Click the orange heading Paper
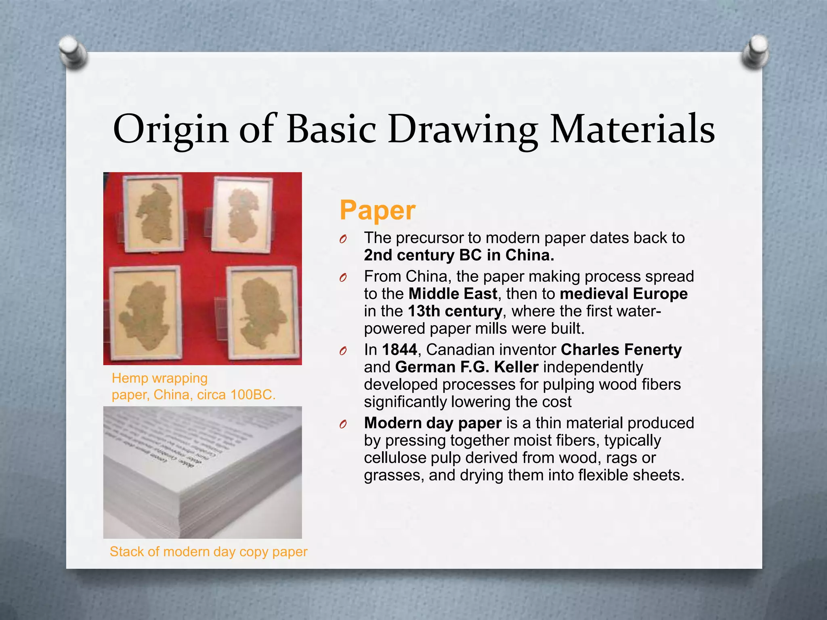click(x=377, y=210)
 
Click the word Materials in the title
click(x=632, y=129)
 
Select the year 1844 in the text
click(x=399, y=350)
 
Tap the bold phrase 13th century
click(x=455, y=311)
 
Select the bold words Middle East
click(x=453, y=294)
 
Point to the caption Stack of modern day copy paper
click(x=208, y=551)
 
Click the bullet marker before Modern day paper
click(x=343, y=424)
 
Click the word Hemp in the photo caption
click(x=128, y=378)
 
